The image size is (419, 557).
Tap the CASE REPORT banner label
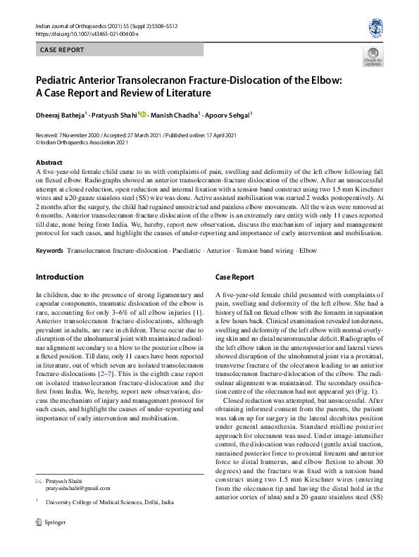(63, 50)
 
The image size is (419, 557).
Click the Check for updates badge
(373, 57)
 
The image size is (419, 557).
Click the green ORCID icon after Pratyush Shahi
(143, 114)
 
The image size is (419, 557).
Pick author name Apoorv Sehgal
(230, 114)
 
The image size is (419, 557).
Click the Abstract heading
(49, 162)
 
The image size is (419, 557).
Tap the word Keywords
(49, 251)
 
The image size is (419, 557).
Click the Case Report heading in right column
(234, 277)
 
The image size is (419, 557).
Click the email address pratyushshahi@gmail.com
(77, 487)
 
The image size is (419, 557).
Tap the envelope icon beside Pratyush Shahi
(39, 480)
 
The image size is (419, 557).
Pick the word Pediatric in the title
(61, 80)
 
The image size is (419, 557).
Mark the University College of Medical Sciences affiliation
(109, 503)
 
